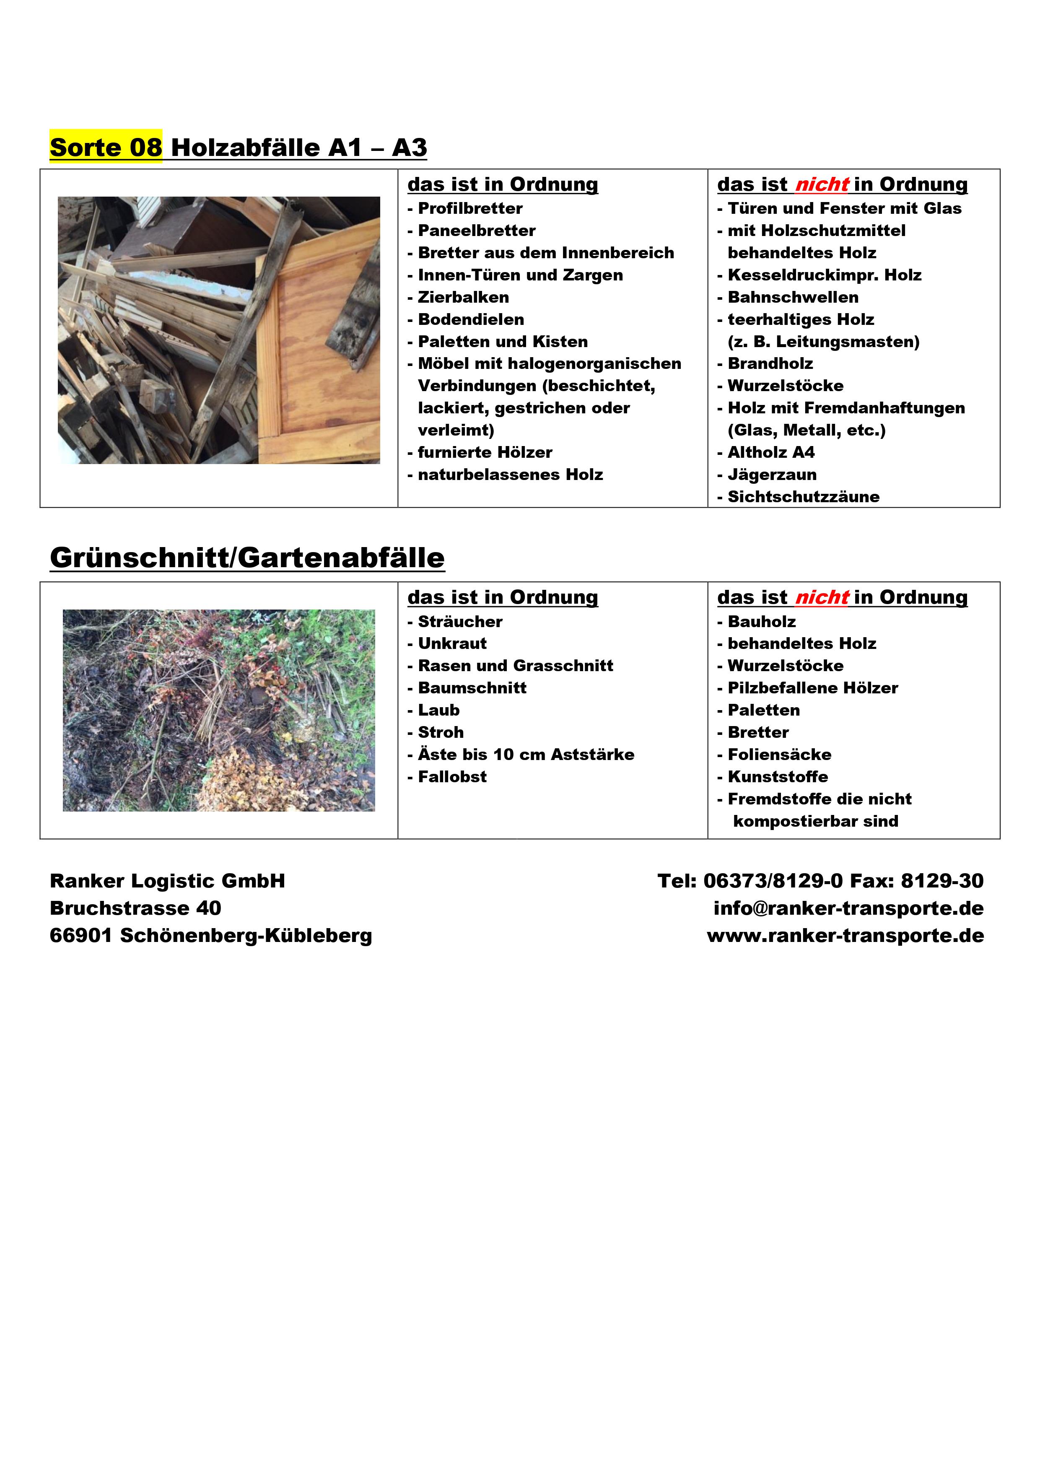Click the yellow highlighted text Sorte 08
(x=106, y=148)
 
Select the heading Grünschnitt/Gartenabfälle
(x=247, y=558)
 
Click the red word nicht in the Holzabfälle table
(x=822, y=184)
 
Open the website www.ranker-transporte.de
(x=845, y=936)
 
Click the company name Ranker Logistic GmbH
(x=167, y=881)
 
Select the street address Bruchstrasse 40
(x=135, y=908)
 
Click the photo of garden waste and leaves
(x=218, y=711)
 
